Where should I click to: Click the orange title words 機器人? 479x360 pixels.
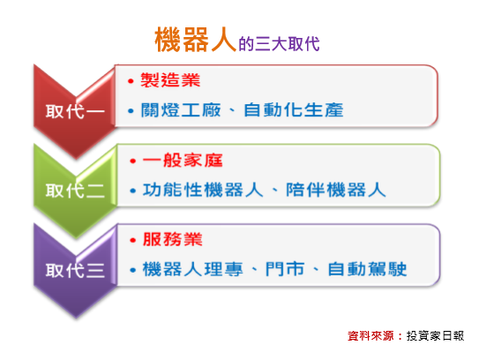pos(196,40)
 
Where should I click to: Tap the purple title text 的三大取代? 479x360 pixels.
pos(279,44)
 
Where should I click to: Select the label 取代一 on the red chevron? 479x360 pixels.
pos(75,111)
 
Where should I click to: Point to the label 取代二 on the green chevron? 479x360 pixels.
pos(75,191)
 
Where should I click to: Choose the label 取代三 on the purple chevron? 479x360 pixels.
pos(75,271)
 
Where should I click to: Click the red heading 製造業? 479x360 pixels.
pos(170,80)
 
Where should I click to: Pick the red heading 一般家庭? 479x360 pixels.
pos(183,160)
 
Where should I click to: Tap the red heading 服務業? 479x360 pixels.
pos(172,239)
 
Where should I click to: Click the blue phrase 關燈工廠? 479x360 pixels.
pos(181,110)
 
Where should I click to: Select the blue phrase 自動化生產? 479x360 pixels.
pos(293,110)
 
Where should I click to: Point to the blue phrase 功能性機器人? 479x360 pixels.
pos(203,190)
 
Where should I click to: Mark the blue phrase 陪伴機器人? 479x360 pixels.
pos(336,190)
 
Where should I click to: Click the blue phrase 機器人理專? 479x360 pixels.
pos(193,269)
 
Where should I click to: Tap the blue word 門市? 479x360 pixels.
pos(285,269)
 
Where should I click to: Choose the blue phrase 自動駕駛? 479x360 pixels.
pos(367,269)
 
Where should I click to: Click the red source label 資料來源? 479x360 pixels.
pos(370,336)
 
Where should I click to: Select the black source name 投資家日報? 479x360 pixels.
pos(435,336)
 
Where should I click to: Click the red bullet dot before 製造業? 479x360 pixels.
pos(131,81)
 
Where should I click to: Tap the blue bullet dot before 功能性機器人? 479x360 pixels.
pos(132,191)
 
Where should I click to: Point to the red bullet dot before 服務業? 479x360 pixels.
pos(132,240)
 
